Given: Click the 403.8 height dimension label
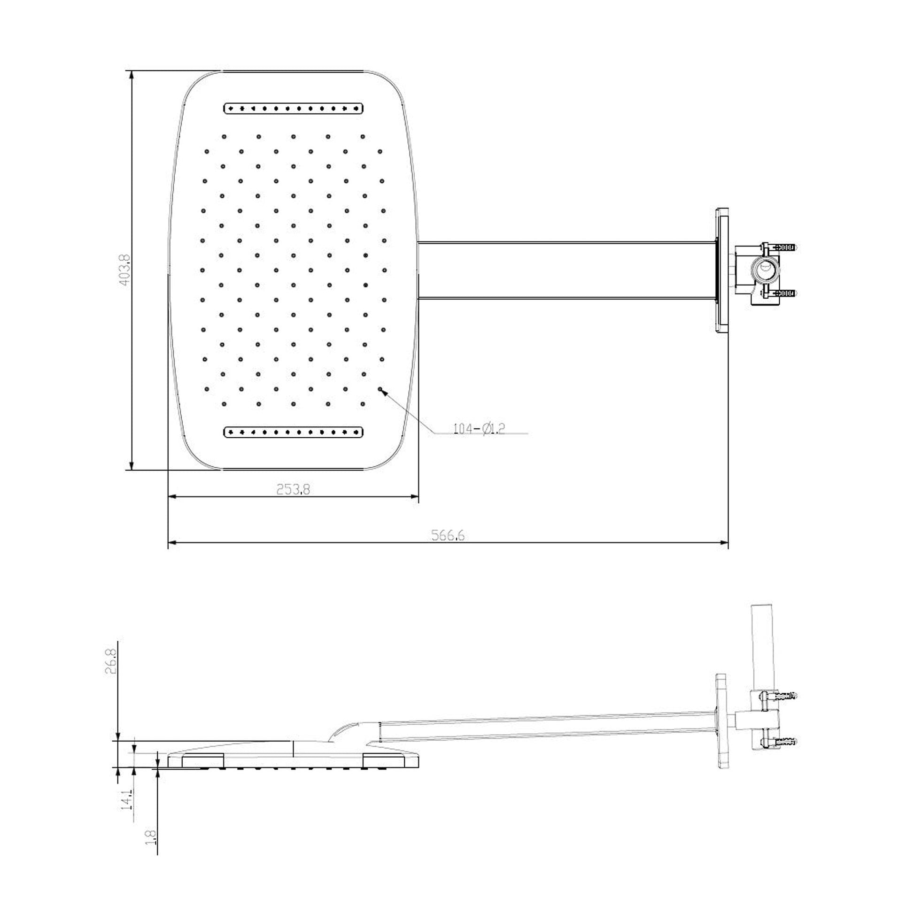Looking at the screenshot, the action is tap(124, 270).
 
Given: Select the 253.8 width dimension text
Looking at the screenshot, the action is tap(293, 489).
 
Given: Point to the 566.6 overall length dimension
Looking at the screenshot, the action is tap(448, 535).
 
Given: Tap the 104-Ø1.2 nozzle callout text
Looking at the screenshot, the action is tap(479, 429).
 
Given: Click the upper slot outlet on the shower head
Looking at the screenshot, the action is tap(293, 108).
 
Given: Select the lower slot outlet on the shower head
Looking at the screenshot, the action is tap(293, 432).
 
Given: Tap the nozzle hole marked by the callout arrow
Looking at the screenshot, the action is tap(380, 389).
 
